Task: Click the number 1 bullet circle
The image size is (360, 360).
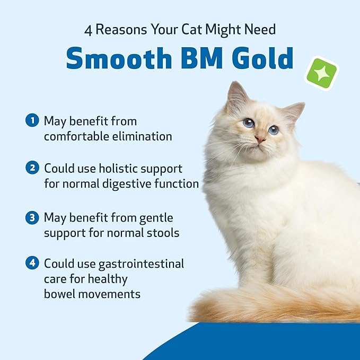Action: click(x=33, y=121)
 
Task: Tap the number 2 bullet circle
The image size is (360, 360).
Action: click(x=33, y=169)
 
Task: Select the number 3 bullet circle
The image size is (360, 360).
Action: click(x=33, y=217)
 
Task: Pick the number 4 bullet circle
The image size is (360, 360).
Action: click(x=33, y=263)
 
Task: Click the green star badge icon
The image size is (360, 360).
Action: click(x=321, y=74)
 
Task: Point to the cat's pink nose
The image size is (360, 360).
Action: click(x=260, y=139)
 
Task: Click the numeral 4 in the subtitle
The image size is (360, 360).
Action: click(x=89, y=30)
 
